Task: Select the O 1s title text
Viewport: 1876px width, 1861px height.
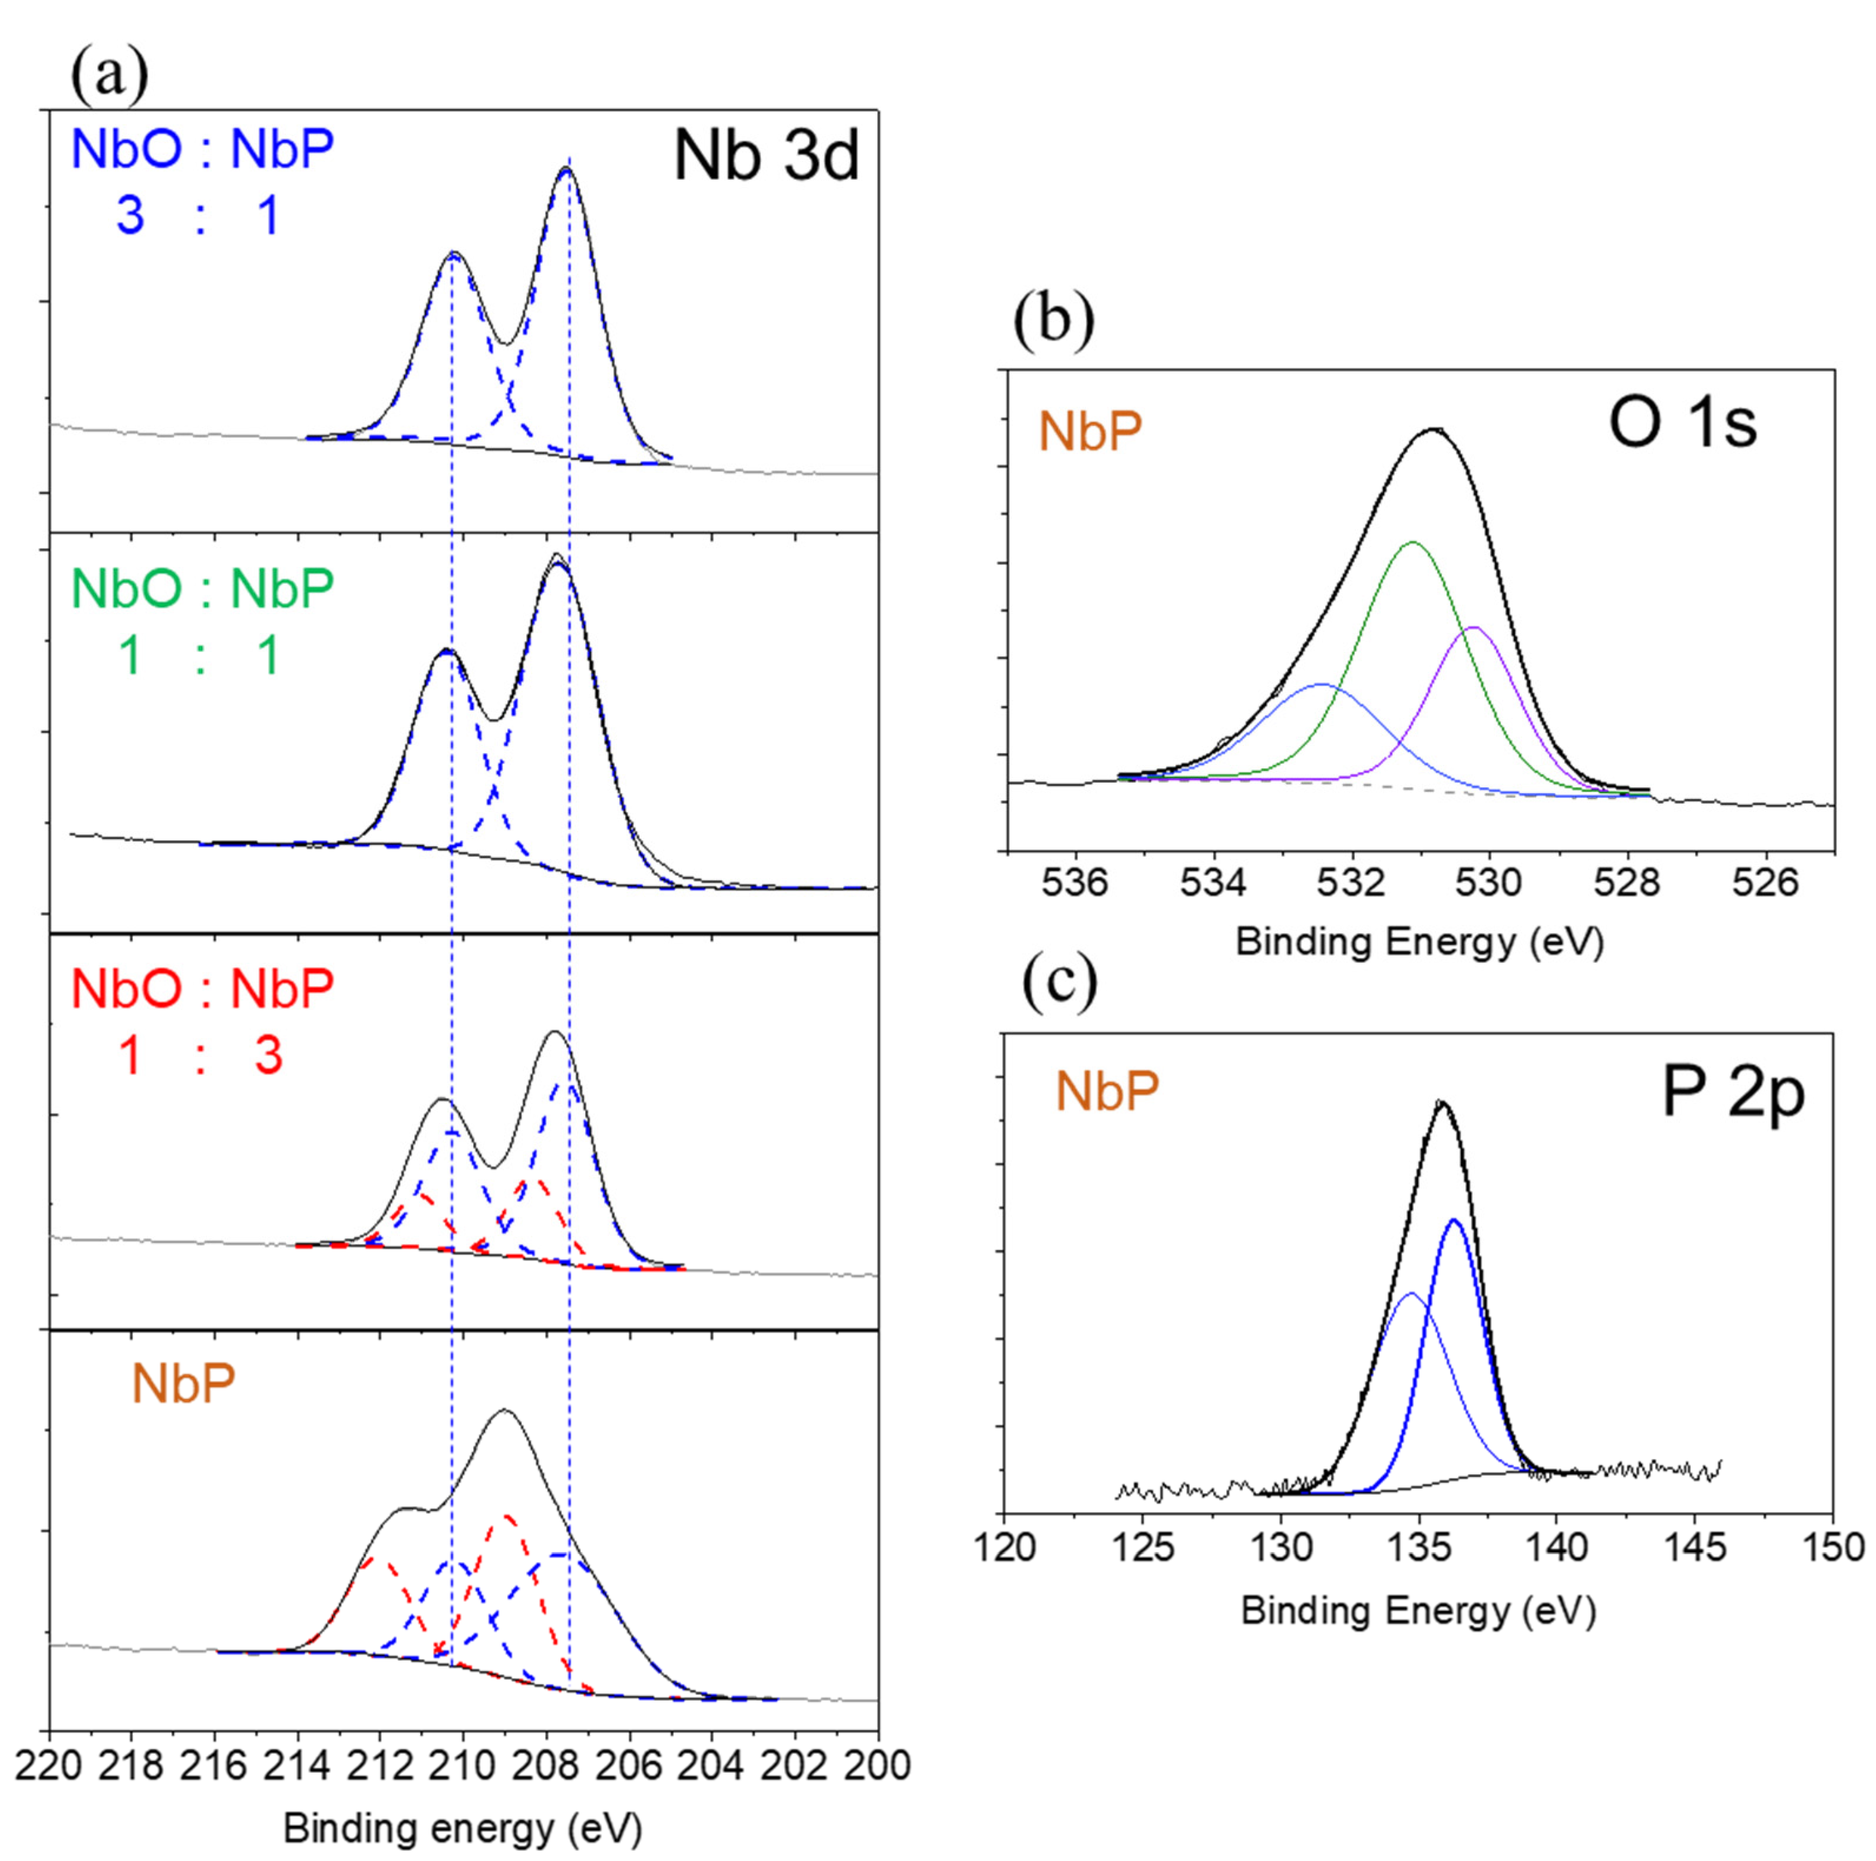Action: click(1683, 424)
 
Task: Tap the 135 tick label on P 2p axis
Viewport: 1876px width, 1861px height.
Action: click(1419, 1546)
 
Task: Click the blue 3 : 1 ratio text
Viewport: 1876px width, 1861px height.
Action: click(199, 215)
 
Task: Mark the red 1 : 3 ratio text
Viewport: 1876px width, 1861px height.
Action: click(199, 1055)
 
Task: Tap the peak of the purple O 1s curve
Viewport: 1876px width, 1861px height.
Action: click(1474, 628)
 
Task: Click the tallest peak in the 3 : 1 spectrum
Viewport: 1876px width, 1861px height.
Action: click(566, 169)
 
